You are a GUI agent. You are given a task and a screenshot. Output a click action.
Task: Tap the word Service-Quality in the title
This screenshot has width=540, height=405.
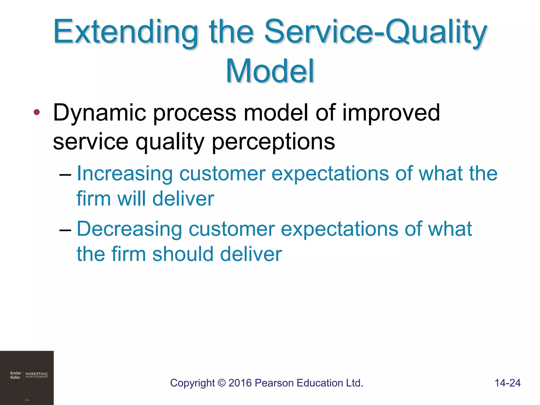(375, 32)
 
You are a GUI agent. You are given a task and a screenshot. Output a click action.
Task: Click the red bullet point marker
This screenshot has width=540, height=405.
(37, 113)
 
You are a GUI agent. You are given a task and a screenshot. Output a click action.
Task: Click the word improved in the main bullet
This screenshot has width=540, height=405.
(391, 113)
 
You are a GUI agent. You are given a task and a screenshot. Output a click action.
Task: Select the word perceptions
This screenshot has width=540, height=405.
(273, 142)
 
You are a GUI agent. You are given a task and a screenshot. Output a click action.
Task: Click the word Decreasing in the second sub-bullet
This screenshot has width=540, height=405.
(129, 229)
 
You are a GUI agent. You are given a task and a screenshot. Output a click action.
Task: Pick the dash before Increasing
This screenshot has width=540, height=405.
(65, 175)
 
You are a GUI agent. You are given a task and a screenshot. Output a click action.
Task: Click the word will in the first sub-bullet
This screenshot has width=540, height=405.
(131, 199)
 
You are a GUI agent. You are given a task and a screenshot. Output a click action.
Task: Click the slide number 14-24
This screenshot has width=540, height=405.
(507, 383)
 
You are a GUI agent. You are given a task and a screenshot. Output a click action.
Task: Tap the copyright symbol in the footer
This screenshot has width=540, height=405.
(222, 383)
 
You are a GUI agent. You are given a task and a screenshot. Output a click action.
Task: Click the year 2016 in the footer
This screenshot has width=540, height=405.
(240, 383)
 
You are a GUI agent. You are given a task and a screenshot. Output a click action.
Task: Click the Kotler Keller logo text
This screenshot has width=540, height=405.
(16, 375)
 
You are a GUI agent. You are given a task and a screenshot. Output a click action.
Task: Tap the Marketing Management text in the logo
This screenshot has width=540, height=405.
(37, 375)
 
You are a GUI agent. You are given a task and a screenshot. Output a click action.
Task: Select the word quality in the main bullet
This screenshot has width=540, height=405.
(170, 142)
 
